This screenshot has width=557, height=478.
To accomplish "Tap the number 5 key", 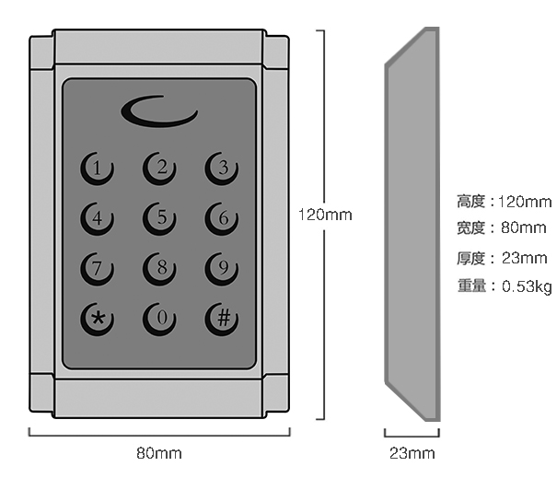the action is (159, 218).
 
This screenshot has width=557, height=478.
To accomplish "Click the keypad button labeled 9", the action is (222, 269).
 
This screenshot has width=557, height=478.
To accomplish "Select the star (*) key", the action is (97, 320).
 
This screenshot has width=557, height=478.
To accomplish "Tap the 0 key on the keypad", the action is (159, 320).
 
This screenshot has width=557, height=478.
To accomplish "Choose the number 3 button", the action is (222, 169).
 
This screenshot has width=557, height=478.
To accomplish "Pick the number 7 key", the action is (97, 269).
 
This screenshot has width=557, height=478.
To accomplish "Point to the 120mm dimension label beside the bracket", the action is (325, 215).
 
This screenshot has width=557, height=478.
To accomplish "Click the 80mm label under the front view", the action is (159, 453).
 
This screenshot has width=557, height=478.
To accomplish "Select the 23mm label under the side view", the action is (412, 453).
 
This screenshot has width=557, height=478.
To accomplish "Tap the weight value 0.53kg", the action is (527, 286).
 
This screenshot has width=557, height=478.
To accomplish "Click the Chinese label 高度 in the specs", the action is (471, 202).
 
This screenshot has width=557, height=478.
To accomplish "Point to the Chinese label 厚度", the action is (471, 259).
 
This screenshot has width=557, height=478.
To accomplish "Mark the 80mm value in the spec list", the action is (524, 227).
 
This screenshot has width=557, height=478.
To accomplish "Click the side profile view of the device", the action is (412, 224).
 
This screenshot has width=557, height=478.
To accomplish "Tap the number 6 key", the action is (222, 218).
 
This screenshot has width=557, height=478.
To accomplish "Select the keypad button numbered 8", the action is (159, 269).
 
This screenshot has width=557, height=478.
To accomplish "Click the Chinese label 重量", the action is (471, 286).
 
